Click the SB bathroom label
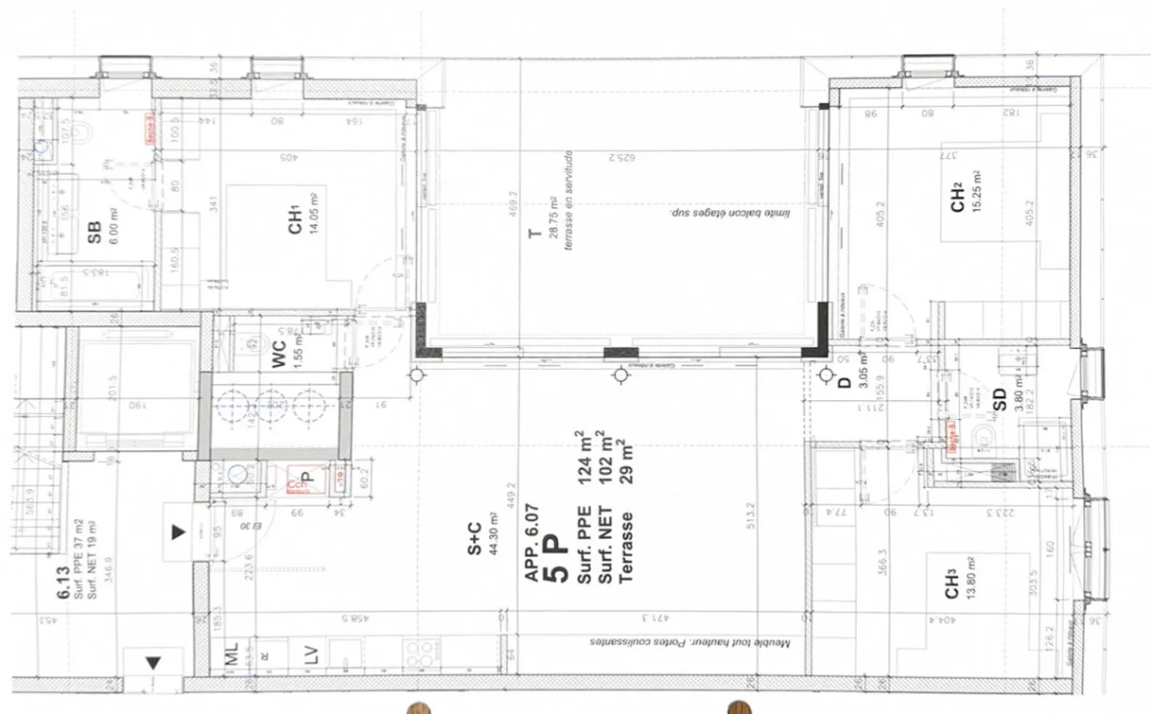(x=94, y=232)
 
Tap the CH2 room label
(x=957, y=197)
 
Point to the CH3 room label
(x=951, y=584)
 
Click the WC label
(x=279, y=355)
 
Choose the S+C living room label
(x=475, y=538)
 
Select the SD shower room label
(x=998, y=399)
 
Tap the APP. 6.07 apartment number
(x=532, y=542)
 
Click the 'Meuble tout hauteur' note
(x=689, y=642)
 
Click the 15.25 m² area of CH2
(x=976, y=191)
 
